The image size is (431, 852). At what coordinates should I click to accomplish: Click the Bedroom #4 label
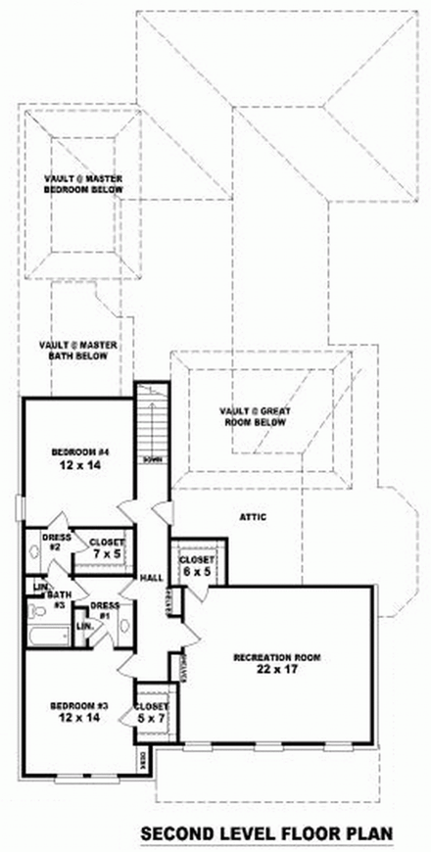pyautogui.click(x=73, y=457)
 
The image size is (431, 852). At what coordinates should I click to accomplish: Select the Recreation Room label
pyautogui.click(x=277, y=663)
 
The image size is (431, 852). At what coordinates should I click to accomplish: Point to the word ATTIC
pyautogui.click(x=254, y=517)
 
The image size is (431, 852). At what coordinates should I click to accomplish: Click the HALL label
pyautogui.click(x=150, y=578)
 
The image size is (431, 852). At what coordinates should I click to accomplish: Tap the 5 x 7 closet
pyautogui.click(x=151, y=713)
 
